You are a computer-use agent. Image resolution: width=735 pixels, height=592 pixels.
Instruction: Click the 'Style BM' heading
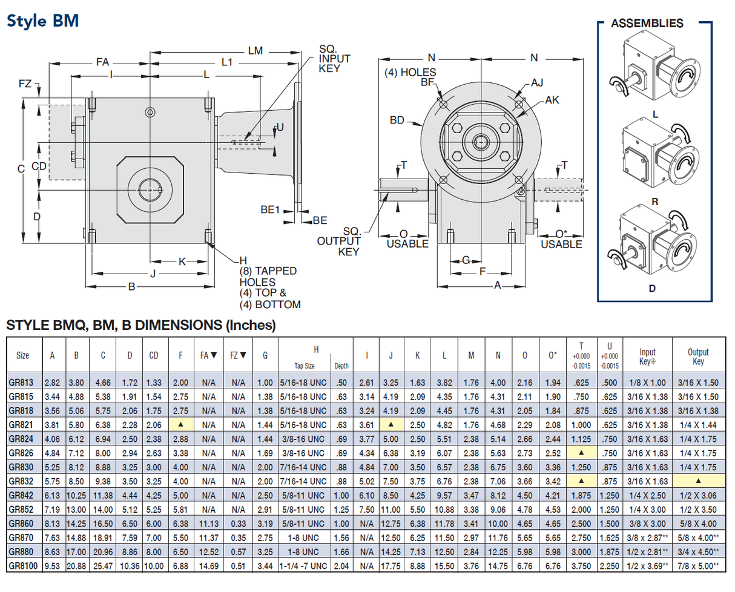click(42, 21)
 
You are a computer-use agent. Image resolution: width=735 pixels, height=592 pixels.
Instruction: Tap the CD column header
click(154, 355)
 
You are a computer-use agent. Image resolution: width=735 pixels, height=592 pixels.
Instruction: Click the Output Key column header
click(698, 356)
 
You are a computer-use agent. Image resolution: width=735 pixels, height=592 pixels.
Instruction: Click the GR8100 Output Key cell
click(698, 565)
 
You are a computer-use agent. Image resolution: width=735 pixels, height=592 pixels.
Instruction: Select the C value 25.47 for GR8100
click(103, 565)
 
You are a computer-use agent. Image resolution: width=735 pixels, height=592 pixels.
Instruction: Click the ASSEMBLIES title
click(647, 24)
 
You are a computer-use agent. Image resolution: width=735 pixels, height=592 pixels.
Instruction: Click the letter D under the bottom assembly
click(652, 288)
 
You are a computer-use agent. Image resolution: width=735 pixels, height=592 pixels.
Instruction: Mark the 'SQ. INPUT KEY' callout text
click(334, 59)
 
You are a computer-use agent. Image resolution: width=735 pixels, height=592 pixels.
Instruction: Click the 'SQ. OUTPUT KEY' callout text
click(342, 241)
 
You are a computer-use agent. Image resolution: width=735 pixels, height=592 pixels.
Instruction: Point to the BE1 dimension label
click(270, 209)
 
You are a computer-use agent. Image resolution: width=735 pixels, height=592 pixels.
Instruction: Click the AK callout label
click(552, 100)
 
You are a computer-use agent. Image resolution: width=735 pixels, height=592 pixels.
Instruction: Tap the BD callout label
click(397, 120)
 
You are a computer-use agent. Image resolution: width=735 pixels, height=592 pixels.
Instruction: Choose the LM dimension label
click(255, 51)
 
